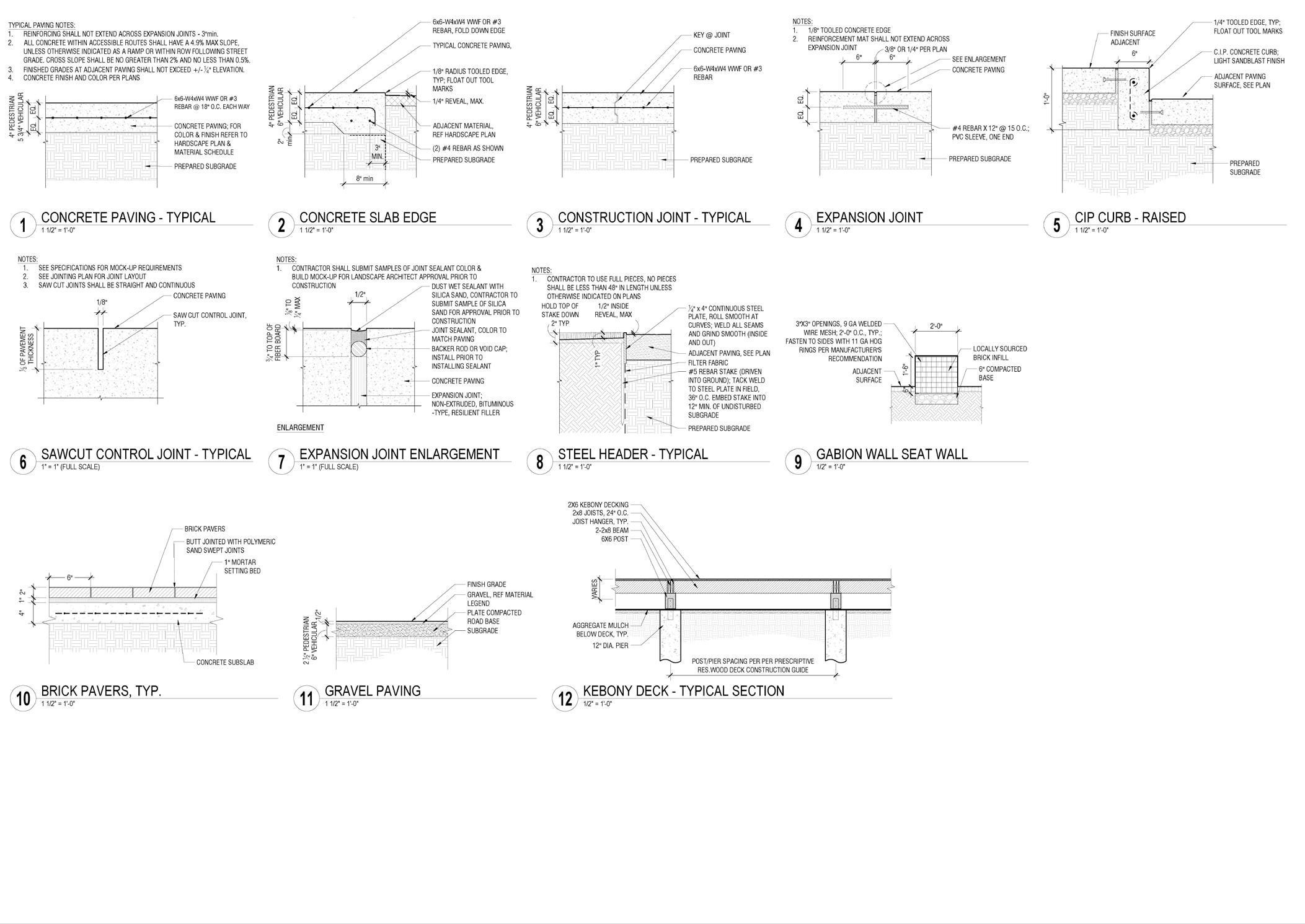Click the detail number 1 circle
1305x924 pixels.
coord(24,224)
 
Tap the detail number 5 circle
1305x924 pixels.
coord(1056,224)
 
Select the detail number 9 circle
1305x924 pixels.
coord(798,462)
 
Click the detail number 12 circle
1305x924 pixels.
coord(565,698)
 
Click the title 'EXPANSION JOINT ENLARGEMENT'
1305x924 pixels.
coord(399,454)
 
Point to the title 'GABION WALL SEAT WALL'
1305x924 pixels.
coord(891,454)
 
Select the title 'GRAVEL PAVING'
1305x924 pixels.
coord(373,691)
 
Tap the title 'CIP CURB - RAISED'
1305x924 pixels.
coord(1130,218)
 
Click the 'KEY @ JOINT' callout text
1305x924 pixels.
coord(711,35)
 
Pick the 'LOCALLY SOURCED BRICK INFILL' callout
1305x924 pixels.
coord(999,353)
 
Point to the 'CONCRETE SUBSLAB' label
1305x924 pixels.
coord(225,662)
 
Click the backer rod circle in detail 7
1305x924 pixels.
coord(359,348)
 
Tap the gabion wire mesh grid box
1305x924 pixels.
coord(936,375)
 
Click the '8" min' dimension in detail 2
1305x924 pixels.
coord(364,179)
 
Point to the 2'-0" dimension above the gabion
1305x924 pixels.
coord(936,325)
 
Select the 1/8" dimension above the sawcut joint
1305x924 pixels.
coord(102,303)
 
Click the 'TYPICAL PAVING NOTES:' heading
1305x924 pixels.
coord(42,25)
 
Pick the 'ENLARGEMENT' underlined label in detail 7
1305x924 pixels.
coord(300,428)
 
